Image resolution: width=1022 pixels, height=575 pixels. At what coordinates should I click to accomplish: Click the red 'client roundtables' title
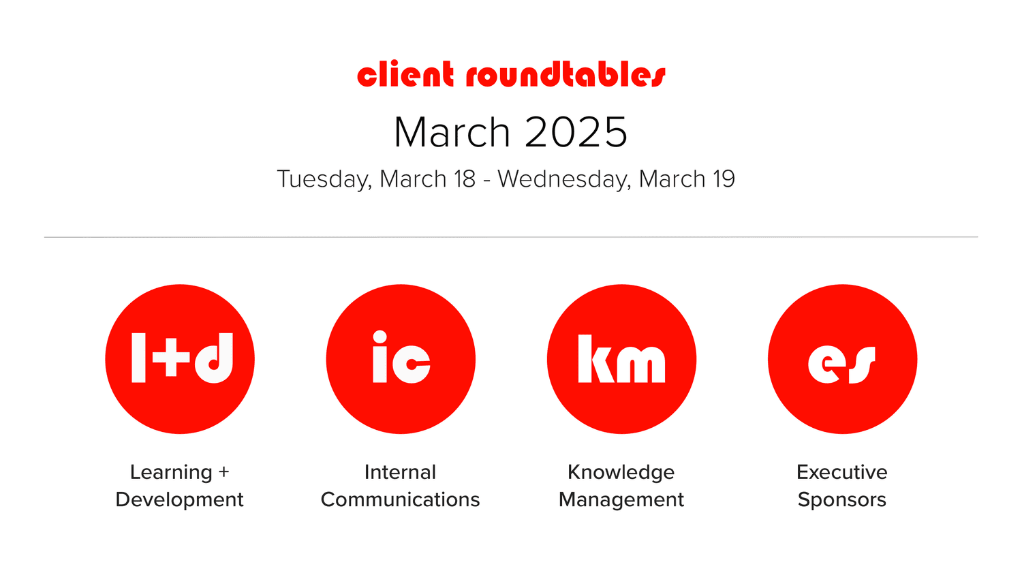coord(511,74)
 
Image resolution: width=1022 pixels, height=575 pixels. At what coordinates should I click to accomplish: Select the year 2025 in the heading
coord(576,132)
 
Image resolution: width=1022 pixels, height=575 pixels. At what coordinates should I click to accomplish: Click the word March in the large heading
coord(452,132)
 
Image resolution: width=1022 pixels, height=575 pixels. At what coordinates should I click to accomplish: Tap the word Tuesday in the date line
coord(324,179)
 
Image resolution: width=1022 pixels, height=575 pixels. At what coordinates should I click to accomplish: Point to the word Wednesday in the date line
coord(563,179)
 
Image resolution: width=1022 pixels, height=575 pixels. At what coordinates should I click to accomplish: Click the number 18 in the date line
coord(464,179)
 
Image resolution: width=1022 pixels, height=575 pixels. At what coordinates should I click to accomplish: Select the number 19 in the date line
coord(724,179)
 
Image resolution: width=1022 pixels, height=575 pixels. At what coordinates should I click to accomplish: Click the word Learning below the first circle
coord(171,472)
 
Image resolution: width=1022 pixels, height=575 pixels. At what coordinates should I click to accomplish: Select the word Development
coord(179,499)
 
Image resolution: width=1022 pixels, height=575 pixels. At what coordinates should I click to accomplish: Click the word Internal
coord(400,472)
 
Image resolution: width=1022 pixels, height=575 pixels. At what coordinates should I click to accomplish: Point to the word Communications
coord(400,499)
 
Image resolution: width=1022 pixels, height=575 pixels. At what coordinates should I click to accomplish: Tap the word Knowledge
coord(621,472)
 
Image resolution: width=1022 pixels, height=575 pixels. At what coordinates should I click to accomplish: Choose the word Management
coord(621,499)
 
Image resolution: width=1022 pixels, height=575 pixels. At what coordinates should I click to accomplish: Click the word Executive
coord(841,472)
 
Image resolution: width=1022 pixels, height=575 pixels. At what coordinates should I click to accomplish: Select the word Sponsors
coord(841,499)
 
